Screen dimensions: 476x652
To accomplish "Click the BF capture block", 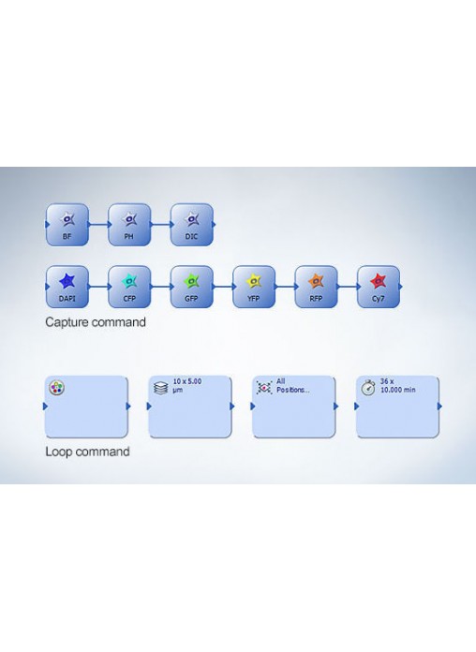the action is tap(67, 225).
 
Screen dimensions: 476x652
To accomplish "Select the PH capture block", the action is tap(129, 225).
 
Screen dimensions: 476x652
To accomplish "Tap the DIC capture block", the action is tap(192, 225).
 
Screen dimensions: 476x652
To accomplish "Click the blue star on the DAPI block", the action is tap(67, 282).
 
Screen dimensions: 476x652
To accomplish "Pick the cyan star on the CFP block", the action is tap(129, 282).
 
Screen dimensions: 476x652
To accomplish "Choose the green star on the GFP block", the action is tap(192, 282).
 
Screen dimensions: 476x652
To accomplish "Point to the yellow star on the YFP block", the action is tap(254, 282).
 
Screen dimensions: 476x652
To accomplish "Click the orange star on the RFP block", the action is tap(316, 282).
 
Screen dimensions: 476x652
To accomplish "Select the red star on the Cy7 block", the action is tap(379, 282).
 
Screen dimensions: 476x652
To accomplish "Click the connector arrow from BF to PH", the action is tap(99, 225).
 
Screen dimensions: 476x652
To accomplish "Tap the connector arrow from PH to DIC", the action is tap(161, 225).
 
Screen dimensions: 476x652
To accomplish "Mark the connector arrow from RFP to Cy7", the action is tap(348, 287).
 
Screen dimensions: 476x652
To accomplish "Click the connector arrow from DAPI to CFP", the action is tap(99, 287).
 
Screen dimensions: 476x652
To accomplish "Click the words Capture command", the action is tap(96, 322).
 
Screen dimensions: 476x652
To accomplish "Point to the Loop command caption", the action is tap(87, 452).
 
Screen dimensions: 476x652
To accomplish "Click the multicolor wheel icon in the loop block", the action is tap(56, 388).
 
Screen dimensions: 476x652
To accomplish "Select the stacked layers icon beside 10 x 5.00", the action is tap(160, 388).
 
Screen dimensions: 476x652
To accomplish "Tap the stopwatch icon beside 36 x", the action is tap(368, 388).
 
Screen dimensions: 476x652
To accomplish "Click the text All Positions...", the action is tap(293, 385).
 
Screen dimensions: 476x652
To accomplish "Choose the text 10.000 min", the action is tap(398, 390).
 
